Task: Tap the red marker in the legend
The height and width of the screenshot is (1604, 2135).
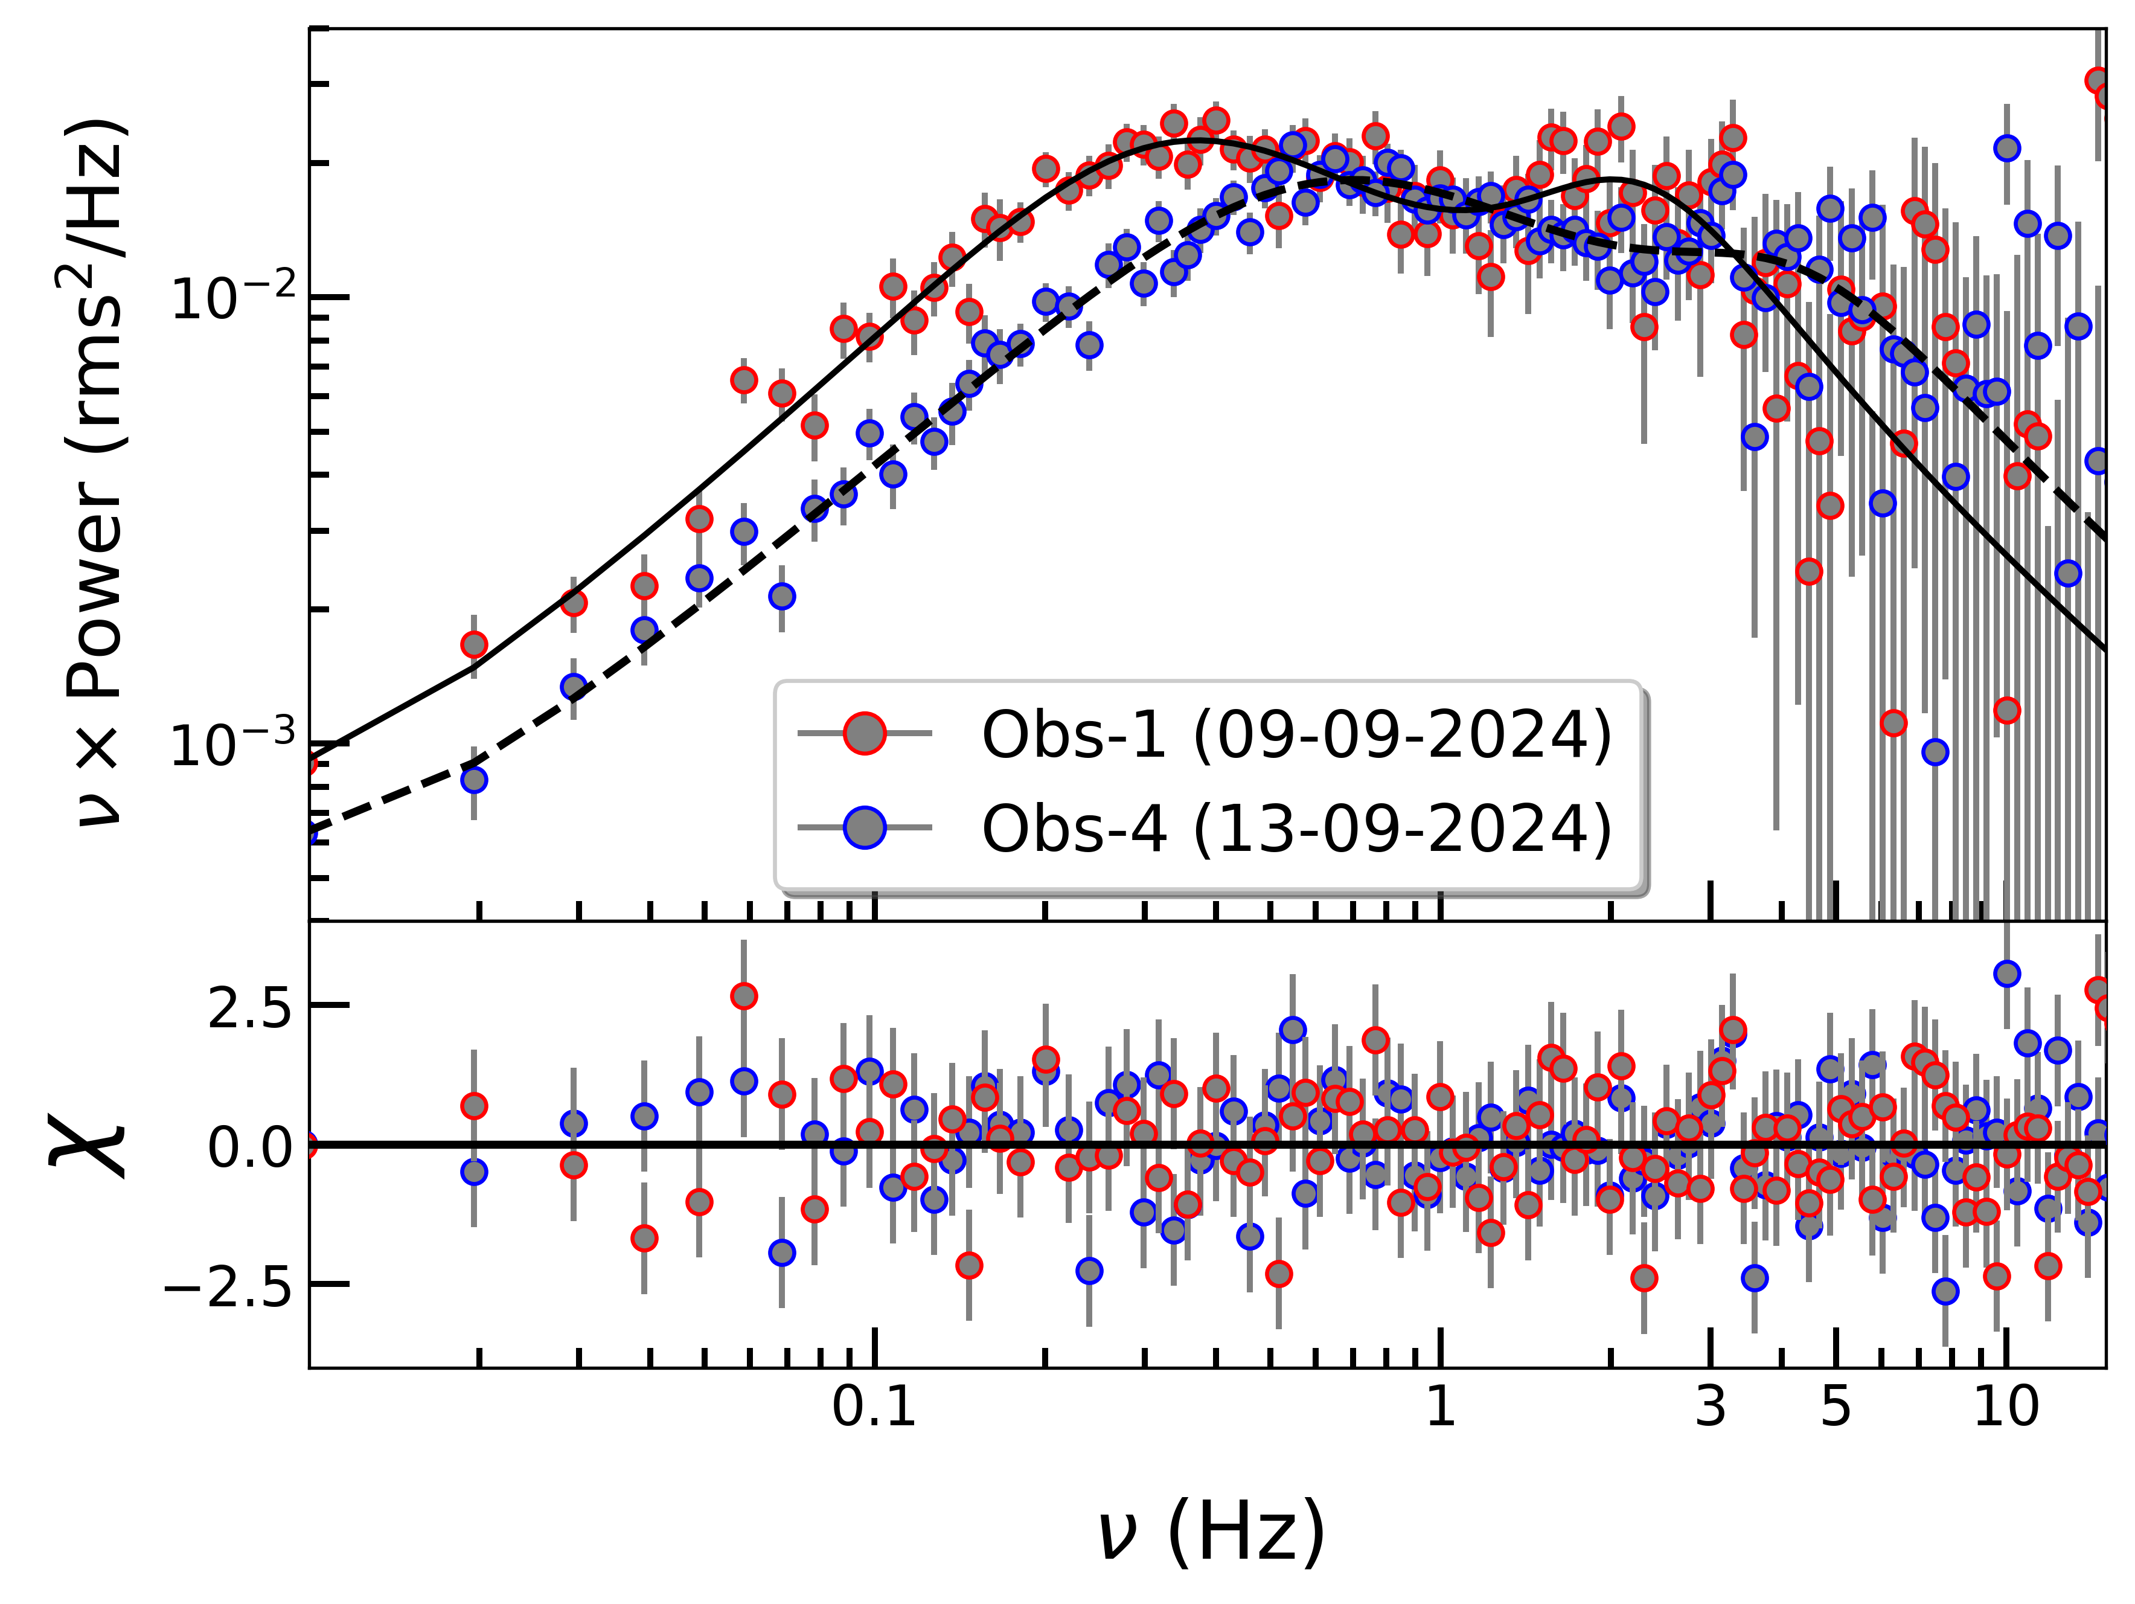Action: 864,734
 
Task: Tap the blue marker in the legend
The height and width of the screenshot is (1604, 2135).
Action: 864,827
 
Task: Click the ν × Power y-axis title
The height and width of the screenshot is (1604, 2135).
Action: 97,473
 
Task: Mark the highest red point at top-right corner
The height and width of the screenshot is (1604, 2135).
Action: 2096,79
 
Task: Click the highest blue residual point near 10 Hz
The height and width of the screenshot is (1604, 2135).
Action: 2006,974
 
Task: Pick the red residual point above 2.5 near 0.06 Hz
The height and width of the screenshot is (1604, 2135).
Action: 743,996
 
